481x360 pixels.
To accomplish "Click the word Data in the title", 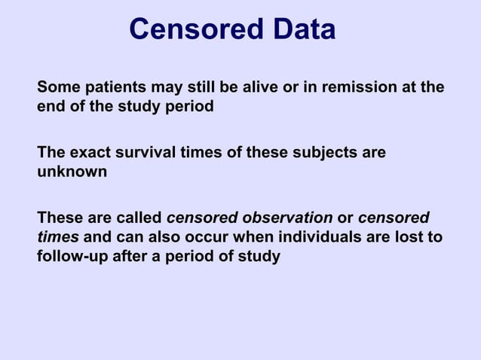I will [299, 30].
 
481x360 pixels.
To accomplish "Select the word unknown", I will [72, 172].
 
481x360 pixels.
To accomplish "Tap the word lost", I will [413, 237].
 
